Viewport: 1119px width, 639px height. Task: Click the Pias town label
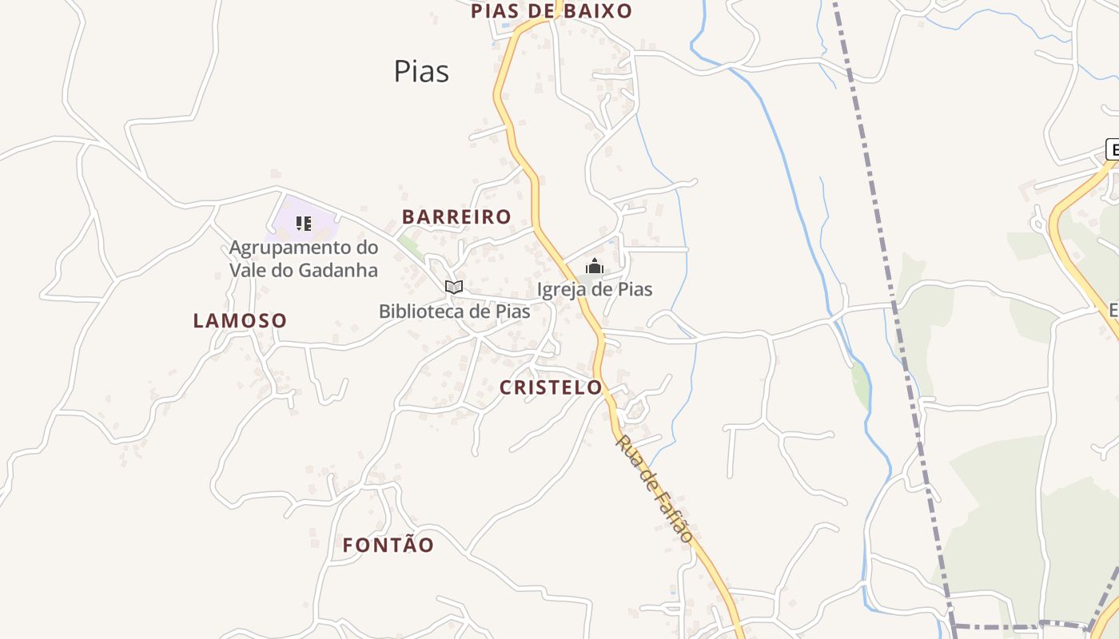421,71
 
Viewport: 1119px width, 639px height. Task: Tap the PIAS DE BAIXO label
552,11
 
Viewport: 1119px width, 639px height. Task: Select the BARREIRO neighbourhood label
456,216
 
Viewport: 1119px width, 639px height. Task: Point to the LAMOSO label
240,321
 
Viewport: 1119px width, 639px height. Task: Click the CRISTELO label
551,387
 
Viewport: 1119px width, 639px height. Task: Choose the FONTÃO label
388,546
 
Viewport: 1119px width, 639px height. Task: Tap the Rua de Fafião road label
654,489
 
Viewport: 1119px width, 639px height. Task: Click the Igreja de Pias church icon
595,266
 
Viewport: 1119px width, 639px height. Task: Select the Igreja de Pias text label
595,289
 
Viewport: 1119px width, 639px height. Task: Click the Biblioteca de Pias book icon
454,287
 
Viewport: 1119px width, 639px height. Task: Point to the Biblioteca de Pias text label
454,312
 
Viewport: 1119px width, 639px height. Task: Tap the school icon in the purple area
303,223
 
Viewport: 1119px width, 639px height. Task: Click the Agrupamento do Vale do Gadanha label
304,259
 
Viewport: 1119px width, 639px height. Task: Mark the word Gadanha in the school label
338,270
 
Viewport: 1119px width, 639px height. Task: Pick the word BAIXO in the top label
599,11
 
